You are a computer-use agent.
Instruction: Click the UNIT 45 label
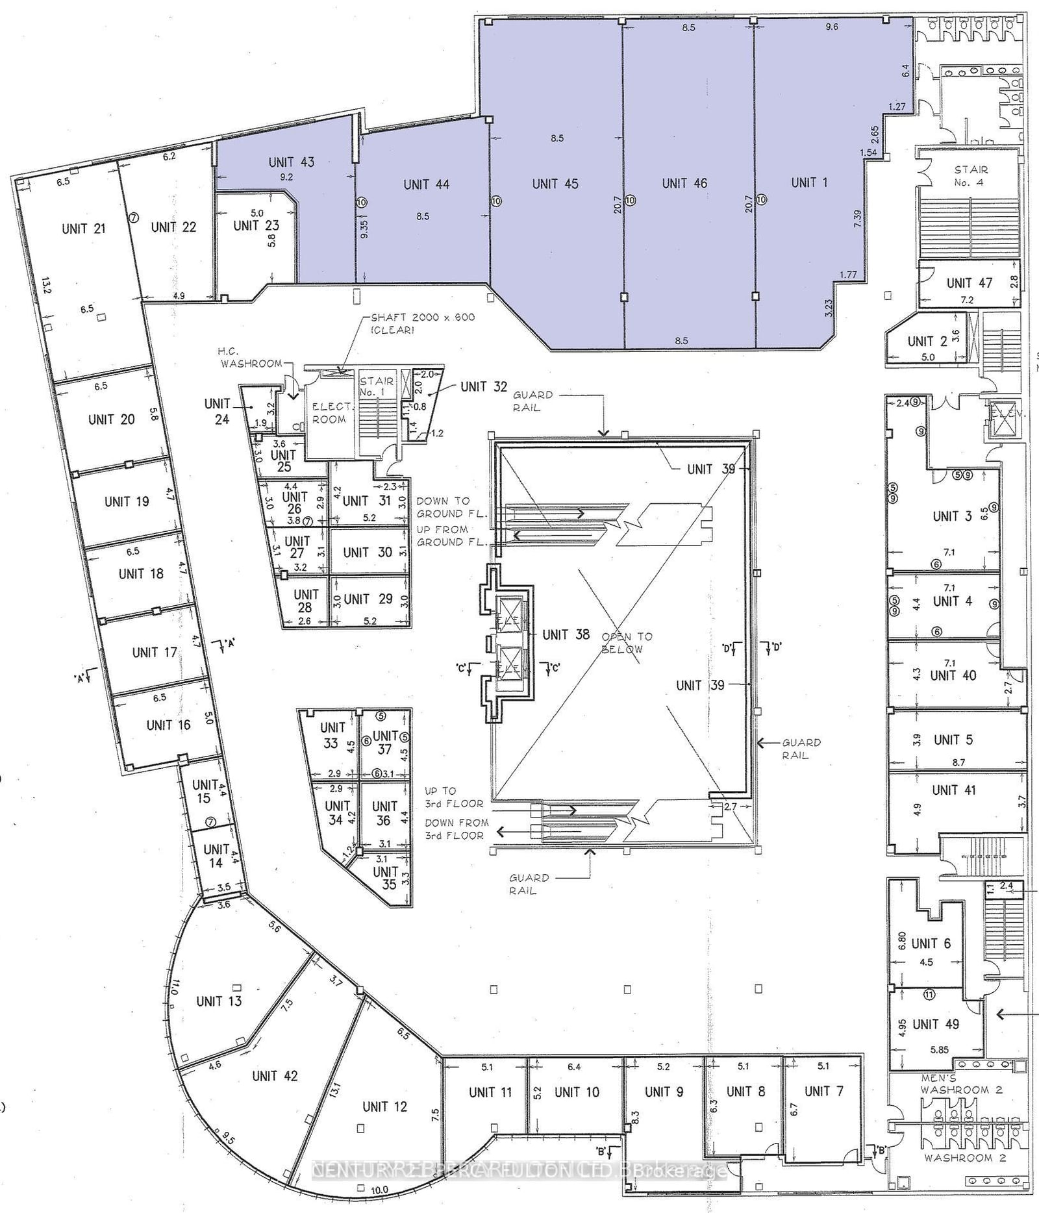pos(555,184)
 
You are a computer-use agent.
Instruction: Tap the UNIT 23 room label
pos(256,226)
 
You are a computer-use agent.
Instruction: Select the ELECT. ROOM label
pos(329,413)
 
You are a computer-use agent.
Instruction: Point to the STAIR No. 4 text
pos(971,175)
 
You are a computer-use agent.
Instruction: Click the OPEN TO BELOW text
pos(626,643)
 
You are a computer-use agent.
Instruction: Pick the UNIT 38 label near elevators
pos(566,634)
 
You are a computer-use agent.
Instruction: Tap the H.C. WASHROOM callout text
pos(250,358)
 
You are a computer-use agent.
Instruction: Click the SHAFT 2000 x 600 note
pos(422,323)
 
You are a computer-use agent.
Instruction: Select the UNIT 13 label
pos(219,1001)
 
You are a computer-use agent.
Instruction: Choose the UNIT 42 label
pos(275,1076)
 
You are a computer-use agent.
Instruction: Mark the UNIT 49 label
pos(935,1025)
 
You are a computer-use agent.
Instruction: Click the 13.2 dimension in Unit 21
pos(46,285)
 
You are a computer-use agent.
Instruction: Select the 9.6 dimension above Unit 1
pos(832,27)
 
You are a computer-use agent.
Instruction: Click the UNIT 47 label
pos(969,282)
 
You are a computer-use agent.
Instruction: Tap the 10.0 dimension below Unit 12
pos(379,1190)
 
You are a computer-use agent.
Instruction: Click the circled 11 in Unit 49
pos(929,995)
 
